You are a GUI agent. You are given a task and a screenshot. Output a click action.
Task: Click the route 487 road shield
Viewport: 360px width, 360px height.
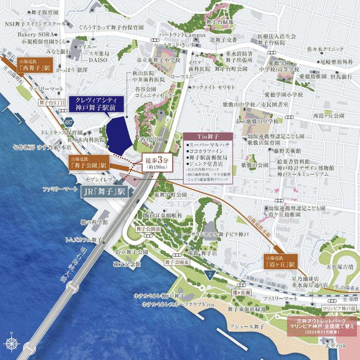coord(68,122)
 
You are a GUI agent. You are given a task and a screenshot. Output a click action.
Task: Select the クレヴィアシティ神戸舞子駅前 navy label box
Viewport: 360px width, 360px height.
coord(97,104)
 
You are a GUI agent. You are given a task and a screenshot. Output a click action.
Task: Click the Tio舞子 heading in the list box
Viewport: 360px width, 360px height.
coord(207,136)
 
